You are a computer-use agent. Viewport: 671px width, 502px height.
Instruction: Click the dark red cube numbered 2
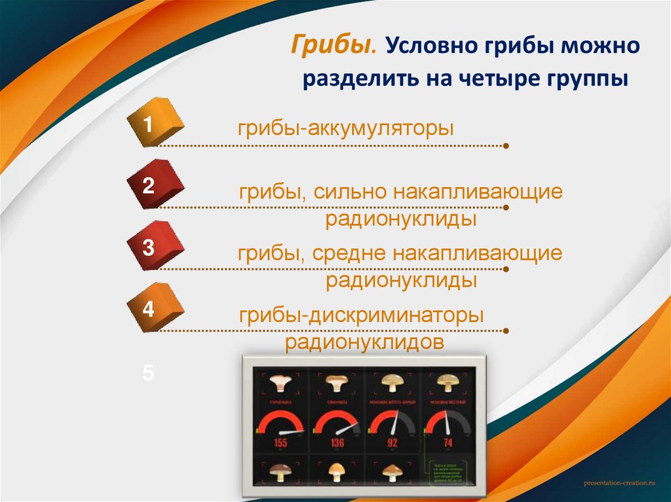coord(156,186)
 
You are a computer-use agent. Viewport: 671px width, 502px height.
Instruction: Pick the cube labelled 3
coord(156,247)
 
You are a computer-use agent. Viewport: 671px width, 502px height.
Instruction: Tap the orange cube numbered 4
coord(156,309)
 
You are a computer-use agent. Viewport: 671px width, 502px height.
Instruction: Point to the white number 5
coord(149,374)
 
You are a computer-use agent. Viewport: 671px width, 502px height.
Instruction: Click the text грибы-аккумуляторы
coord(345,128)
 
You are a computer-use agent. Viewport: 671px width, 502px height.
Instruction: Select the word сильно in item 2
coord(350,193)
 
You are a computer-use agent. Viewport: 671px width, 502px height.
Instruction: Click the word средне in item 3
coord(351,254)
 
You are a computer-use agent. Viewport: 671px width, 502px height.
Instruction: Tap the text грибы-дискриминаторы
coord(361,316)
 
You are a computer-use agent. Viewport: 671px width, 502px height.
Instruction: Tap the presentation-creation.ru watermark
coord(619,482)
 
